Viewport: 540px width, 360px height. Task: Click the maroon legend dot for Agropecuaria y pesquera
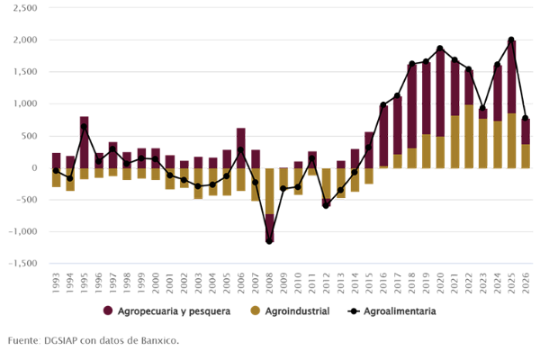[108, 311]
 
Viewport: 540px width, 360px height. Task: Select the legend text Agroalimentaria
[400, 311]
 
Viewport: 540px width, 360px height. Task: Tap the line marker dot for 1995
[84, 127]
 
